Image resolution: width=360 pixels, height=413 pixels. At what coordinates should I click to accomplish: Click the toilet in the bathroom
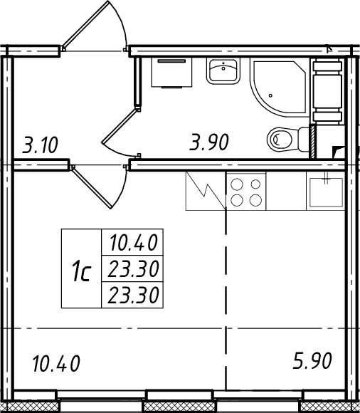coord(287,139)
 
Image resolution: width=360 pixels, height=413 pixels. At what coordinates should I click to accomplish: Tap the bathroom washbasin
coord(223,70)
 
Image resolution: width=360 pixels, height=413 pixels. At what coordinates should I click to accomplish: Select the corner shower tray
coord(280,87)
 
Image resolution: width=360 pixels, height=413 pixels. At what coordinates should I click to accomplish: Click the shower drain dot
coord(270,95)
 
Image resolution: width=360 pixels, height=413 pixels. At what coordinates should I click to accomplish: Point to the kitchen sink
coord(326,192)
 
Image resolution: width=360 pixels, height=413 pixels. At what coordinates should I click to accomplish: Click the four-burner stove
coord(246,192)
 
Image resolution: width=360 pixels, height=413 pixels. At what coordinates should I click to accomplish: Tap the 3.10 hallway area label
coord(40,145)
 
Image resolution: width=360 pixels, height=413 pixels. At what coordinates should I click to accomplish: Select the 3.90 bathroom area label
coord(209,142)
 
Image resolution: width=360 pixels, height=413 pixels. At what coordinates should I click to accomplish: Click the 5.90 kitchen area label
coord(312,360)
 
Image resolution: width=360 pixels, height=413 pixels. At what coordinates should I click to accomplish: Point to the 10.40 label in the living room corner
coord(56,364)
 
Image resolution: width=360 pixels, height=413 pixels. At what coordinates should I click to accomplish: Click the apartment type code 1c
coord(81,271)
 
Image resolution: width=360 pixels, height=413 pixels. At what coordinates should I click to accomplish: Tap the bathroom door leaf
coord(120,126)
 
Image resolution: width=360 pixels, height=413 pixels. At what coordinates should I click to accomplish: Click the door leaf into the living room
coord(92,187)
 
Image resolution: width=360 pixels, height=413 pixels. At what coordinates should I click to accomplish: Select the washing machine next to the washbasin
coord(171,73)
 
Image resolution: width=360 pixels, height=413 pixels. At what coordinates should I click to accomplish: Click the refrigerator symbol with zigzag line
coord(206,191)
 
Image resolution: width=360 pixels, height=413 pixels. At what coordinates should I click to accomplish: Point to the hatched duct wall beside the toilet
coord(312,142)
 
